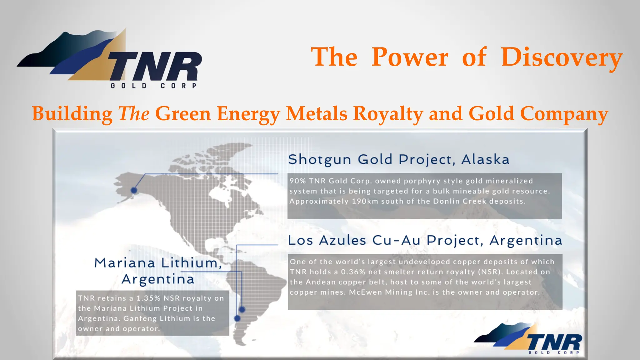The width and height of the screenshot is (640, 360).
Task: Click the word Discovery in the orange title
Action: pyautogui.click(x=562, y=57)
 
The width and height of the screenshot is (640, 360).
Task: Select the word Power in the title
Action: pyautogui.click(x=410, y=57)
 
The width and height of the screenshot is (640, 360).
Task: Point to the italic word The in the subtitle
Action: pyautogui.click(x=134, y=113)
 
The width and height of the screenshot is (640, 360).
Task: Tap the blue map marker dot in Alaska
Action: pyautogui.click(x=134, y=190)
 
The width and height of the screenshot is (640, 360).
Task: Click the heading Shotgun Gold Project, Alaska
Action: pyautogui.click(x=398, y=159)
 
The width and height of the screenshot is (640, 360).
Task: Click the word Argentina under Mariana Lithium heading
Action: pyautogui.click(x=158, y=279)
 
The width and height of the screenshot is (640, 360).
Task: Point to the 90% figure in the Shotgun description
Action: pyautogui.click(x=297, y=181)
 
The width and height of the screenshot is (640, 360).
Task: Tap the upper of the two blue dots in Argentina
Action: pyautogui.click(x=242, y=310)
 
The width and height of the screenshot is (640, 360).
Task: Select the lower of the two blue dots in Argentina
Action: pyautogui.click(x=237, y=318)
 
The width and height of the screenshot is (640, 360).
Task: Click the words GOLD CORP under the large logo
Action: pyautogui.click(x=153, y=86)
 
